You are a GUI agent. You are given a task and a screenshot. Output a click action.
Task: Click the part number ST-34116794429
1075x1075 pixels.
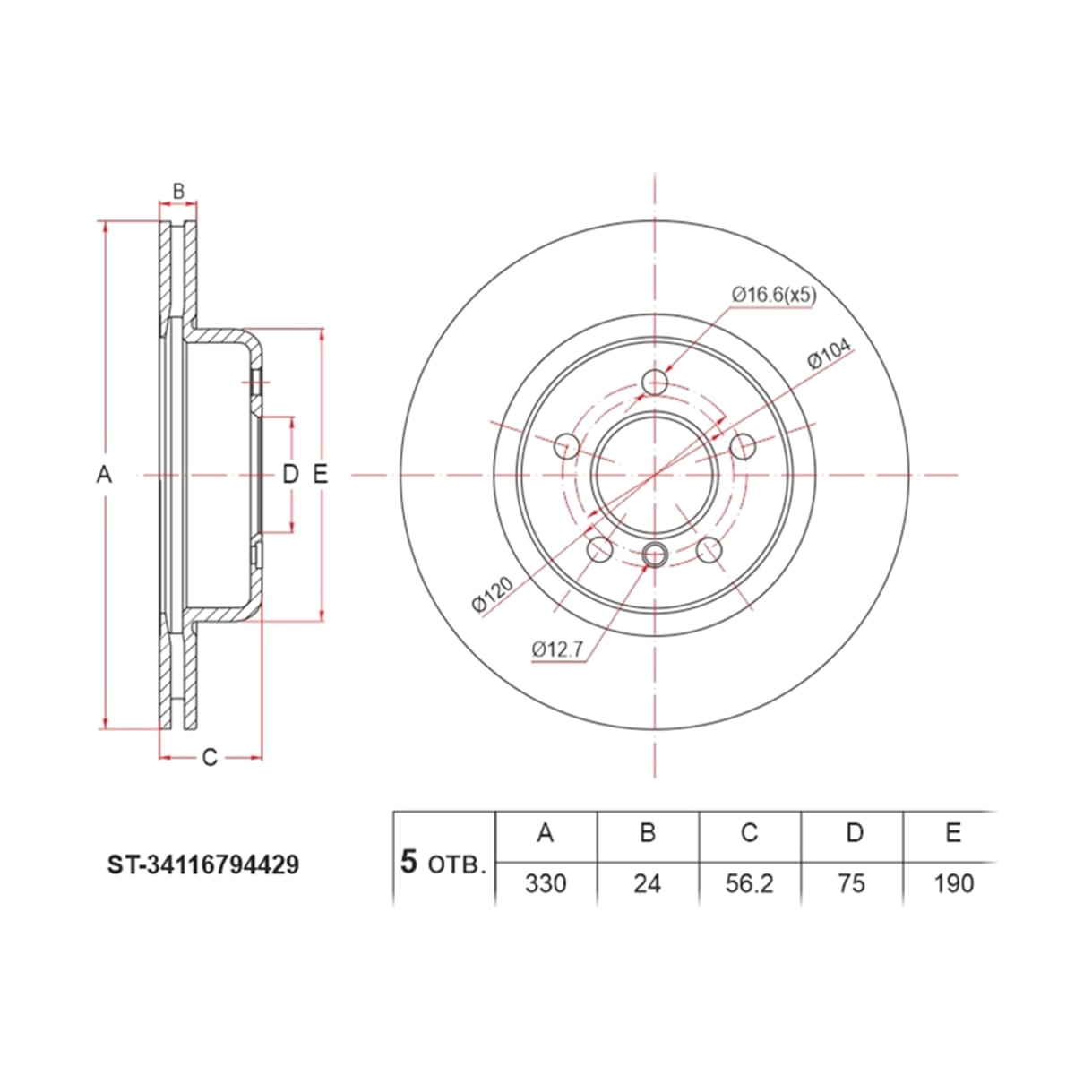pyautogui.click(x=203, y=865)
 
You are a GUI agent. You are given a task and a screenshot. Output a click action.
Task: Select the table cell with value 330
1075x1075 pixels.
pyautogui.click(x=546, y=883)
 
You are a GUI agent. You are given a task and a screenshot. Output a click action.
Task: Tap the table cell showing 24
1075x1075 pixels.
pyautogui.click(x=647, y=883)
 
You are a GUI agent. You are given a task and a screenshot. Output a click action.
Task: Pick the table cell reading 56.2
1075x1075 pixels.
pyautogui.click(x=749, y=883)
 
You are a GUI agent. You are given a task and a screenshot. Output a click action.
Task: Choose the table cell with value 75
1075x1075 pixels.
pyautogui.click(x=851, y=883)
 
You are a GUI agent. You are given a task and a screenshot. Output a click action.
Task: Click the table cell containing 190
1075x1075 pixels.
pyautogui.click(x=954, y=883)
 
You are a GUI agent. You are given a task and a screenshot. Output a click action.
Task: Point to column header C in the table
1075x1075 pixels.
pyautogui.click(x=749, y=833)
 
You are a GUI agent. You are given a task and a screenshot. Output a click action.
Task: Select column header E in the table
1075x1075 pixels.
pyautogui.click(x=953, y=833)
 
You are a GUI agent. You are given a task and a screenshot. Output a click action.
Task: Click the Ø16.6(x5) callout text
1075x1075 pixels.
pyautogui.click(x=774, y=294)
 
